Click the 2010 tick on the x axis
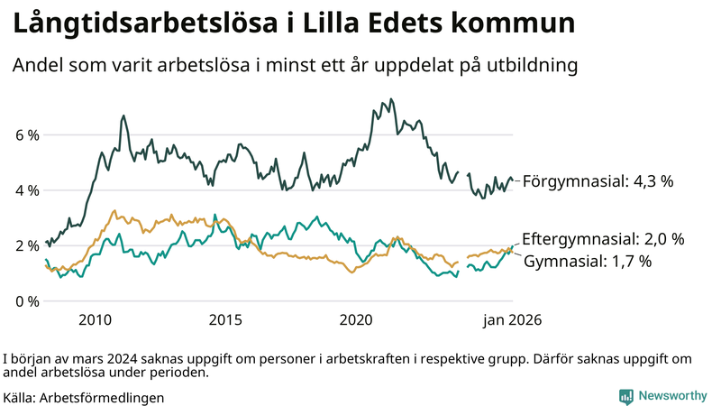[x=95, y=319]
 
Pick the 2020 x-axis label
[x=356, y=319]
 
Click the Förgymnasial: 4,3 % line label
[x=598, y=181]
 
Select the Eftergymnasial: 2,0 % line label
[x=603, y=239]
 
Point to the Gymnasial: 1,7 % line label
[x=588, y=261]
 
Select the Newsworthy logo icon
[x=625, y=395]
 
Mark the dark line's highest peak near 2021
[x=390, y=99]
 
